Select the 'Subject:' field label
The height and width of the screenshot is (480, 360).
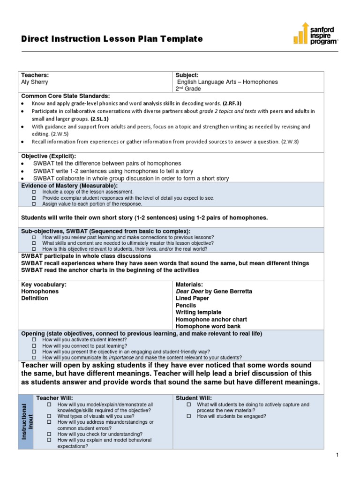[x=187, y=75]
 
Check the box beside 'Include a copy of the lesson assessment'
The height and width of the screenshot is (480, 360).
[x=34, y=192]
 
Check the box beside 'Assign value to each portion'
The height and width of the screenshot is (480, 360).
[x=34, y=204]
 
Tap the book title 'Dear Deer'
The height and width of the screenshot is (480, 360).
[x=189, y=291]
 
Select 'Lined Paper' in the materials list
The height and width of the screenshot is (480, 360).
[x=192, y=298]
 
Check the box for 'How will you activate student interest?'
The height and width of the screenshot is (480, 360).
[x=34, y=339]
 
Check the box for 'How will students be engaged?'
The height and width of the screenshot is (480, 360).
[x=189, y=416]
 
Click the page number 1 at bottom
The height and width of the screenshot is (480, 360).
[x=337, y=455]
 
